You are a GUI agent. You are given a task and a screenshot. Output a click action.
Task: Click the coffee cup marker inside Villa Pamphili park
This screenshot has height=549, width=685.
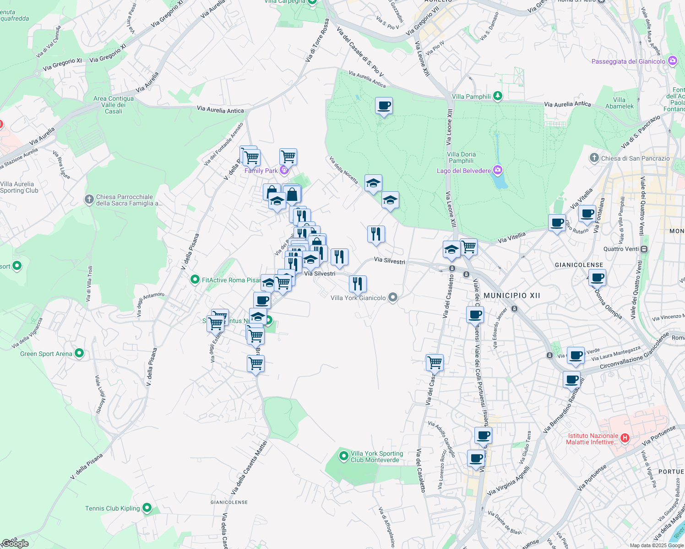[x=384, y=106]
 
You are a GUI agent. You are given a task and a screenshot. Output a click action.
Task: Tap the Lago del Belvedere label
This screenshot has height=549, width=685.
[x=463, y=171]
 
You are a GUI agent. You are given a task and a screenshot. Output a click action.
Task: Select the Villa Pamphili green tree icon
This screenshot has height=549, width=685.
[x=498, y=96]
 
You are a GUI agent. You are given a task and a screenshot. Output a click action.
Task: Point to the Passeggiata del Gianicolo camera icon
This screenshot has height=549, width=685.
[x=672, y=61]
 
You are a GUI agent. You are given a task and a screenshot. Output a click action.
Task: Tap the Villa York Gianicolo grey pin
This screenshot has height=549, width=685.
[x=392, y=298]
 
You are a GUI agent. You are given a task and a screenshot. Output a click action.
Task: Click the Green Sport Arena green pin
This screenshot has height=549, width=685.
[x=79, y=353]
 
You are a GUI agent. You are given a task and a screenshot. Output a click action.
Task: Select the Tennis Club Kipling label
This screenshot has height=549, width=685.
[x=112, y=508]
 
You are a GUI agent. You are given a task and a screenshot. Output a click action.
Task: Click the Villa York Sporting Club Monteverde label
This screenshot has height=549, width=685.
[x=376, y=457]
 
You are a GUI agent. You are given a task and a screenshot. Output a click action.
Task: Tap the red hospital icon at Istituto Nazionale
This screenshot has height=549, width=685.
[x=625, y=438]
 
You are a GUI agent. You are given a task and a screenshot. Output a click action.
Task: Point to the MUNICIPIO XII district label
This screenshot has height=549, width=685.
[x=512, y=296]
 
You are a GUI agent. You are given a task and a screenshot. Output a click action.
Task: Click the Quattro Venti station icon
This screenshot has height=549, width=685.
[x=644, y=249]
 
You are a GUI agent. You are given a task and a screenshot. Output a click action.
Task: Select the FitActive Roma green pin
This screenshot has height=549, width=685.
[x=195, y=279]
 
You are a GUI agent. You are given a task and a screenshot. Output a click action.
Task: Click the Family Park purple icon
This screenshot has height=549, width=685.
[x=284, y=171]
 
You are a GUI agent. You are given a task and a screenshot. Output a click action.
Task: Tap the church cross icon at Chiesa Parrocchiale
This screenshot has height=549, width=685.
[x=89, y=199]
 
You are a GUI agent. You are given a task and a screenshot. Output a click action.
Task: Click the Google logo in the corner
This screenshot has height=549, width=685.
[x=15, y=544]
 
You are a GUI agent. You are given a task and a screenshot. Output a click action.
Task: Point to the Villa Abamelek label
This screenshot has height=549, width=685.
[x=620, y=103]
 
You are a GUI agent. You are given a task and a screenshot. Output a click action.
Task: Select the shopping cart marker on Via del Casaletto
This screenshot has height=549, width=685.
[x=435, y=362]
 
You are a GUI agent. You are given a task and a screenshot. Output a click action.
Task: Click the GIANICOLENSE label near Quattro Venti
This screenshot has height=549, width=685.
[x=579, y=265]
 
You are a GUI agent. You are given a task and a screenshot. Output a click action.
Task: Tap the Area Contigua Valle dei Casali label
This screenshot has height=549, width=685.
[x=114, y=105]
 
